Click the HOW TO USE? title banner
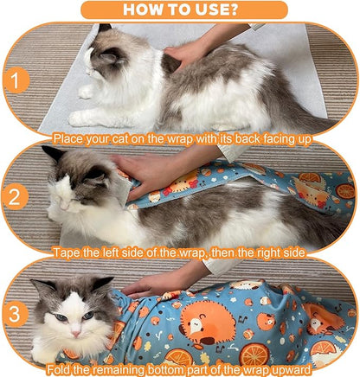[180, 10]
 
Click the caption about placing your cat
[180, 137]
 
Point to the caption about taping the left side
[180, 252]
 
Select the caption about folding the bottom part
[180, 369]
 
